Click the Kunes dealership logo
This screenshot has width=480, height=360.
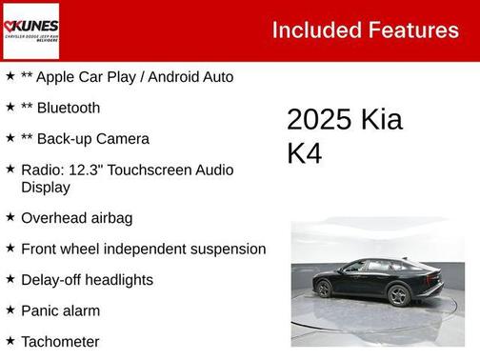click(x=30, y=30)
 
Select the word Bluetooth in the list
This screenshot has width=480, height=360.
click(x=68, y=108)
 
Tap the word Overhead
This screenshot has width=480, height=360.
click(x=53, y=217)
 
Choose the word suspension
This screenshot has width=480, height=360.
click(x=225, y=249)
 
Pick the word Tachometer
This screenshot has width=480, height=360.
click(x=60, y=341)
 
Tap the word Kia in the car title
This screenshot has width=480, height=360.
click(x=381, y=120)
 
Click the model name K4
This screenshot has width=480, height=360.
click(x=305, y=153)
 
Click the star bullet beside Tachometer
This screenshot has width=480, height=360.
click(x=10, y=340)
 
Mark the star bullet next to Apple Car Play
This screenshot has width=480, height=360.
click(x=10, y=76)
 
